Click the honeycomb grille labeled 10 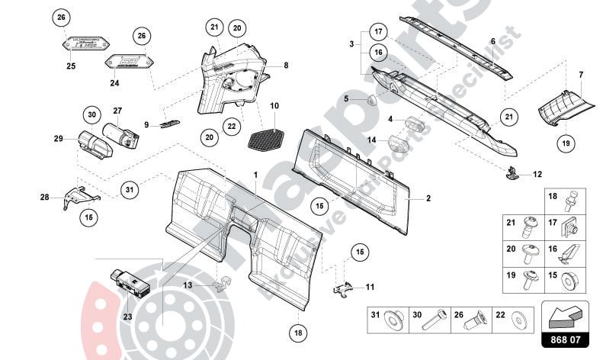tap(267, 138)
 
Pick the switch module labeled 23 tap(131, 280)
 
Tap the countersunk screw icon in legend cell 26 tap(480, 317)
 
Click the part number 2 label tap(428, 198)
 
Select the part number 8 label tap(286, 66)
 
